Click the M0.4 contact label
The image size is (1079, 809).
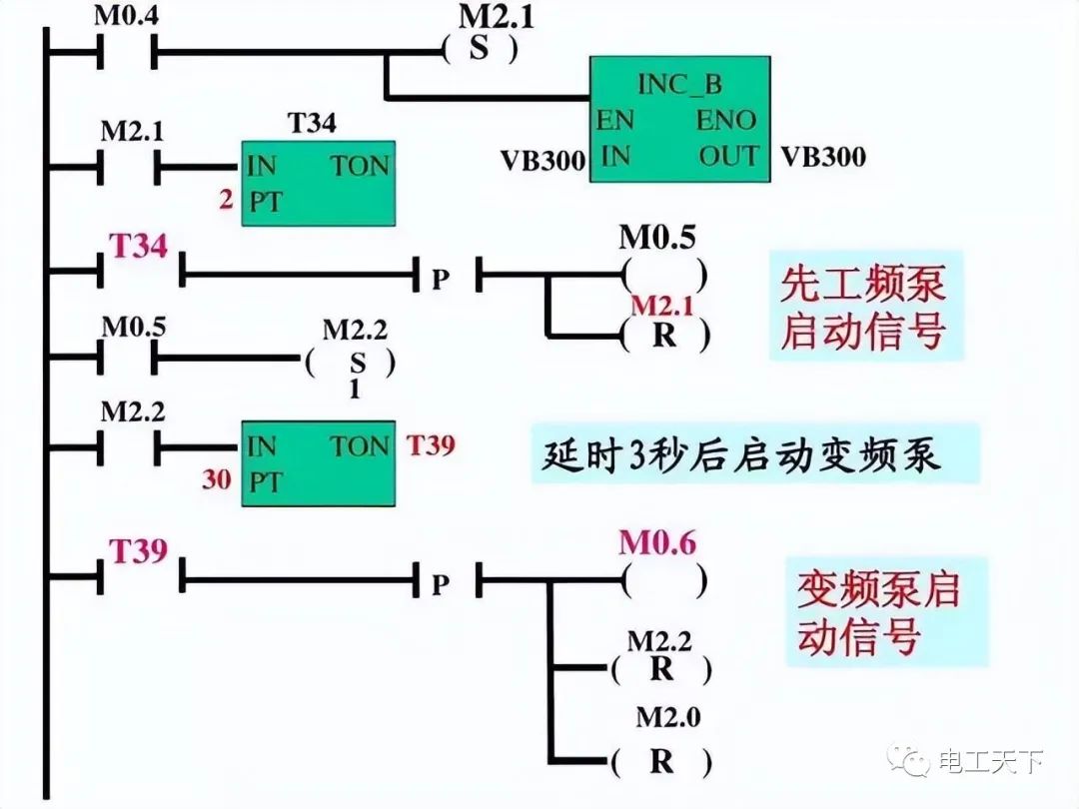click(x=125, y=17)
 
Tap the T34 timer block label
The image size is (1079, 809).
click(x=312, y=124)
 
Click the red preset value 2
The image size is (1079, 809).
click(x=227, y=200)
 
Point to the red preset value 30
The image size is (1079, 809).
click(x=217, y=479)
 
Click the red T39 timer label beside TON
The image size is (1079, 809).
click(x=431, y=444)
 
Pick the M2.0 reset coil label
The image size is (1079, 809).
click(x=664, y=717)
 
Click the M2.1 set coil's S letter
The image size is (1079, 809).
click(x=481, y=47)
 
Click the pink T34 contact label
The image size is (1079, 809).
click(x=138, y=246)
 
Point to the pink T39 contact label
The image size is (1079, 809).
click(x=138, y=550)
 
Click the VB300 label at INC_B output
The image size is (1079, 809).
click(x=823, y=157)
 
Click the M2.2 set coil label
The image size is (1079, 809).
click(x=354, y=329)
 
